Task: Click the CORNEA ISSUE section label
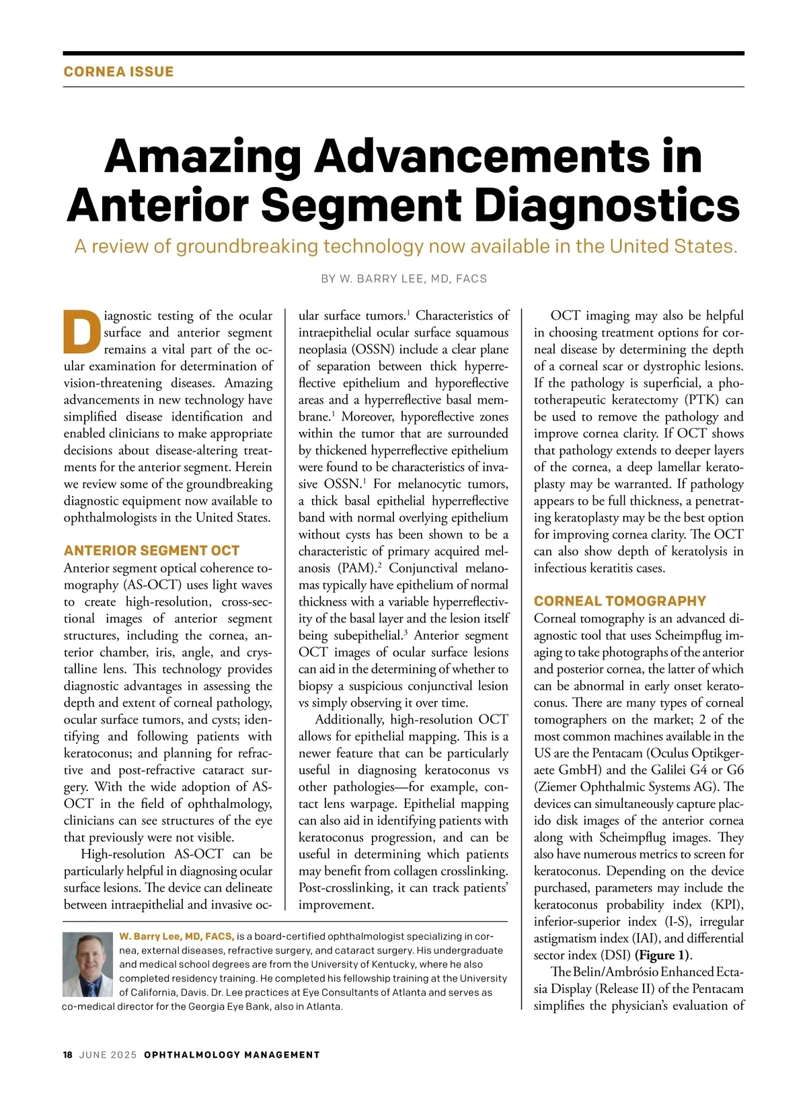[118, 72]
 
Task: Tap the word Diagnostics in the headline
[611, 205]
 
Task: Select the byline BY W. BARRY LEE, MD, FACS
[403, 279]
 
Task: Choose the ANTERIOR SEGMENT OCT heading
[151, 550]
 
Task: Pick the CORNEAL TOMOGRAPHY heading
[619, 601]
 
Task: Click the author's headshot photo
[87, 963]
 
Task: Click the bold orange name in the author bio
[176, 936]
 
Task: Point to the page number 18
[68, 1054]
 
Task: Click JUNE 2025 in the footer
[108, 1054]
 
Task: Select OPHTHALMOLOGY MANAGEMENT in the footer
[232, 1054]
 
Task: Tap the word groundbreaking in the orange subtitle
[247, 246]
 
